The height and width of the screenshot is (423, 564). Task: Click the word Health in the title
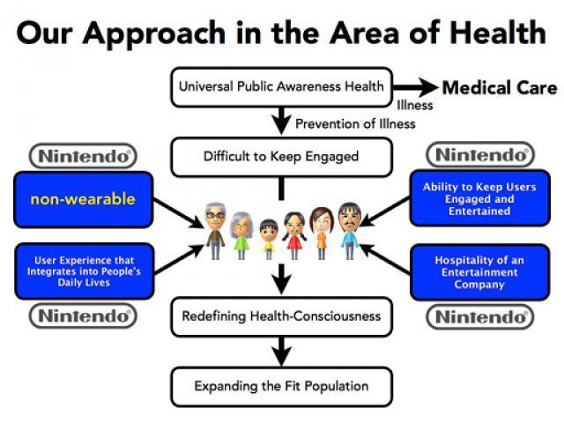coord(498,33)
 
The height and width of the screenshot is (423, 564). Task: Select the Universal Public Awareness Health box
coord(281,86)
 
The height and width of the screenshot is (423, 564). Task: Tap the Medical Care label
coord(500,87)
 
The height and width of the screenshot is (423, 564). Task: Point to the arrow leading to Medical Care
coord(414,87)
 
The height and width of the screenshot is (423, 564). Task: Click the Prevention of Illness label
coord(355,123)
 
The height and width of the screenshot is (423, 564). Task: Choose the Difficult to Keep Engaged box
coord(281,157)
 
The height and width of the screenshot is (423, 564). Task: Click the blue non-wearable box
coord(84,199)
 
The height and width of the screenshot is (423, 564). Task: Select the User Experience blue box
coord(85,271)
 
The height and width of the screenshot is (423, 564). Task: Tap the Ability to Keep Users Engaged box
coord(479,198)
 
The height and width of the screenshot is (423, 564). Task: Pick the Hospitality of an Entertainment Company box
coord(479,272)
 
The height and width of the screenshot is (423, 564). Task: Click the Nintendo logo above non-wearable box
coord(83,156)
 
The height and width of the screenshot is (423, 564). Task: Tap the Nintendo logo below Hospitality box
coord(480,317)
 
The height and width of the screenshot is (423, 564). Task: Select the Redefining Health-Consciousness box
coord(281,316)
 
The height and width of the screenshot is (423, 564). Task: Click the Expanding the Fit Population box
coord(281,386)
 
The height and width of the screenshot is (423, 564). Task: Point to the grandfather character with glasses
coord(215,231)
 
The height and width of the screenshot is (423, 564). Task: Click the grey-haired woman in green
coord(241,235)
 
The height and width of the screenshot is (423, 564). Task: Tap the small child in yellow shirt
coord(269,239)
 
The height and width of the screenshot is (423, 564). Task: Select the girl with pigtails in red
coord(294,235)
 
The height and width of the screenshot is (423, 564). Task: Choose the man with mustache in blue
coord(349,231)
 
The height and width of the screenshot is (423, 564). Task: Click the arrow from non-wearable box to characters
coord(179,213)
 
